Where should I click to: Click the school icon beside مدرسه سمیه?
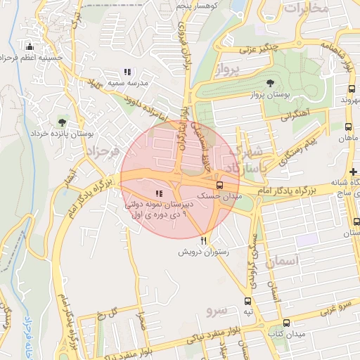[127, 72]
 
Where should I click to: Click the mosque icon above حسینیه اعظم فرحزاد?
[30, 47]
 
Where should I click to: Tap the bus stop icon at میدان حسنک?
[220, 186]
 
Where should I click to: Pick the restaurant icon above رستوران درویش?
[204, 240]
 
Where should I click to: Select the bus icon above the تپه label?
[247, 301]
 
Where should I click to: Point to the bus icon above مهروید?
[352, 89]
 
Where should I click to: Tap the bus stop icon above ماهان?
[348, 127]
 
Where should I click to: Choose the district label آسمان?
[283, 261]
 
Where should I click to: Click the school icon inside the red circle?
[159, 193]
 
